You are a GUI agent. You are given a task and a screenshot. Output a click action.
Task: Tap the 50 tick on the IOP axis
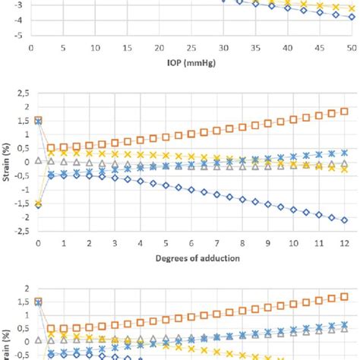(x=350, y=47)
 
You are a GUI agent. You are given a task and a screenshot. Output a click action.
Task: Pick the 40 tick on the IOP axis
(x=286, y=47)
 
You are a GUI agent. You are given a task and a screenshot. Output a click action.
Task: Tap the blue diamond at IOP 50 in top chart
(x=351, y=16)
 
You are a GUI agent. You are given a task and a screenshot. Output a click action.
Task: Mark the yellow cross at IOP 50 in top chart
(x=351, y=8)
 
